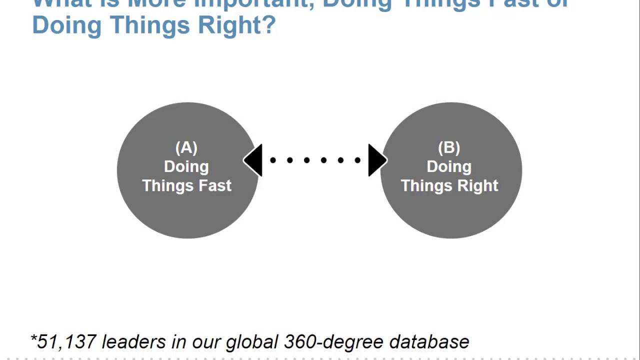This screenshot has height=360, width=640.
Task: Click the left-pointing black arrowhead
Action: tap(254, 160)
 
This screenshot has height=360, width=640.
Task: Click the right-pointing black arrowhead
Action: tap(376, 160)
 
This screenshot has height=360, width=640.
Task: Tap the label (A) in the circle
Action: tap(186, 148)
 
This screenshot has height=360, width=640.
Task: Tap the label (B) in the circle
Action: tap(449, 148)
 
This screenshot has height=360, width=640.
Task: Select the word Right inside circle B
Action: tap(477, 185)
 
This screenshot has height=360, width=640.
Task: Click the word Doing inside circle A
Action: tap(186, 166)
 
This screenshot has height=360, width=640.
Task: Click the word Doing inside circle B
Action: tap(449, 166)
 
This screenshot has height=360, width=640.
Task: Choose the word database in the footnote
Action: tap(429, 342)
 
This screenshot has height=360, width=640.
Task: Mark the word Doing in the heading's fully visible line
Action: tap(66, 24)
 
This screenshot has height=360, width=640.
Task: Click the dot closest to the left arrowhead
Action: tap(273, 160)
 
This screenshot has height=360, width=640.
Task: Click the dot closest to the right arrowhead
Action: tap(357, 160)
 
